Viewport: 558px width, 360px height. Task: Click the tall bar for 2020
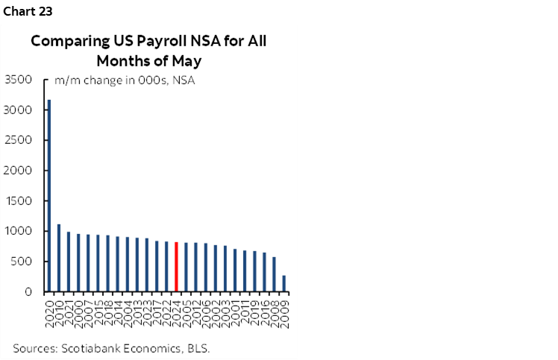tap(49, 195)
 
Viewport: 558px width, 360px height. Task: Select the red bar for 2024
tap(176, 267)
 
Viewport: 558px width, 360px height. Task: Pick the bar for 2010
tap(59, 258)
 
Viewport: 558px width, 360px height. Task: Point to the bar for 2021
tap(69, 262)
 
